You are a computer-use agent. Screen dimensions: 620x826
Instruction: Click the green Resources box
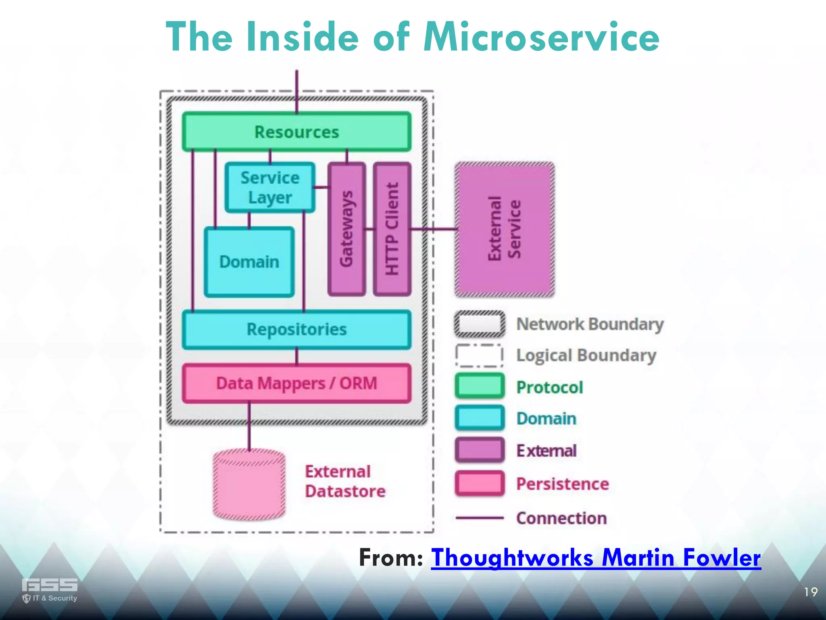pos(297,132)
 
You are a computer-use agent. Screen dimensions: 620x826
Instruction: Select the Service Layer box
pos(270,188)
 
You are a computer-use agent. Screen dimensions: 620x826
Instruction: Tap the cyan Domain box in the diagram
pos(249,262)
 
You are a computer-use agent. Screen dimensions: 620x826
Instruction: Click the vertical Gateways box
pos(346,229)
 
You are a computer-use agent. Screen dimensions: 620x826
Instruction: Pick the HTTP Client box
pos(392,229)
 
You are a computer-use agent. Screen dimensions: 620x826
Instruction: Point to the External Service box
pos(505,229)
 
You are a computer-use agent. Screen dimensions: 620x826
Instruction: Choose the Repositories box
pos(297,329)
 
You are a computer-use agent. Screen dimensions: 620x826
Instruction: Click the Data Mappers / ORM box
pos(297,383)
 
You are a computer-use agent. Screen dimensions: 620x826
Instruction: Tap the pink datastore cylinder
pos(249,484)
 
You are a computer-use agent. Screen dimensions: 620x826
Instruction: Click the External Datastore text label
pos(345,482)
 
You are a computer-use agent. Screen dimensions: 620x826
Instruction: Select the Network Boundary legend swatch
pos(480,324)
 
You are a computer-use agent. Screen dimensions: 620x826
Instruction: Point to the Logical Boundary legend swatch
pos(480,355)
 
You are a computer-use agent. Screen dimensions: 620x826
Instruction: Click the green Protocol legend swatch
pos(480,386)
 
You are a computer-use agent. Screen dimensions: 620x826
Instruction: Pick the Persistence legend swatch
pos(480,483)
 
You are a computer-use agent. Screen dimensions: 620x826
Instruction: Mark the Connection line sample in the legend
pos(480,518)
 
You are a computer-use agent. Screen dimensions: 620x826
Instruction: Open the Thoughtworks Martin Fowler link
pos(596,558)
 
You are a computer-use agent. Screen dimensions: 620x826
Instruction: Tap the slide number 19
pos(811,592)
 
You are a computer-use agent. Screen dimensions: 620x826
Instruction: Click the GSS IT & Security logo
pos(50,590)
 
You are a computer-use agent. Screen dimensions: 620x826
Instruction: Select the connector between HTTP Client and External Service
pos(434,229)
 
